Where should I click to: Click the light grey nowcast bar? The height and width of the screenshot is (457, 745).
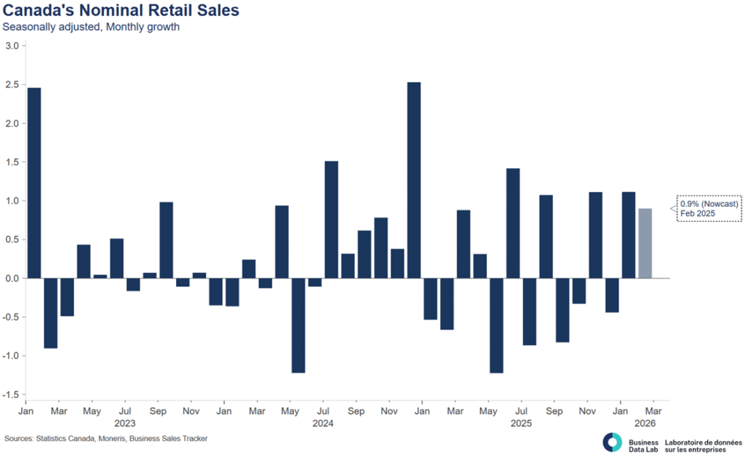tap(645, 243)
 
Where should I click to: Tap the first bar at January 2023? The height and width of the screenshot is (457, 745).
tap(33, 183)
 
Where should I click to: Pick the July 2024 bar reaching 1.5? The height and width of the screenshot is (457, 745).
tap(331, 219)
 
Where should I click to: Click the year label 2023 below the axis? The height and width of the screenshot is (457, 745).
tap(125, 422)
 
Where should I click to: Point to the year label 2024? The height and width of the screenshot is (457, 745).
tap(322, 422)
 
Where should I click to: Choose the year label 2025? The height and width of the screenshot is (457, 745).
tap(520, 422)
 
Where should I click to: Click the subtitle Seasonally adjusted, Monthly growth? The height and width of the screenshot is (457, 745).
tap(91, 28)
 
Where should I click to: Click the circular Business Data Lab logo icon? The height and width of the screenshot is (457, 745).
tap(613, 442)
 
